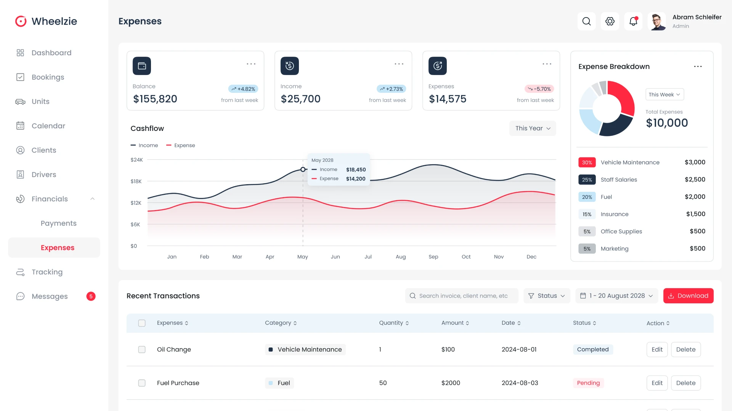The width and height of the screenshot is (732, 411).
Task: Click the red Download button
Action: tap(688, 296)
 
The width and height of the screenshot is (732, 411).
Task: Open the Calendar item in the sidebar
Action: tap(48, 126)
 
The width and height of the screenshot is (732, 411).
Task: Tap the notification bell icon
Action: tap(633, 21)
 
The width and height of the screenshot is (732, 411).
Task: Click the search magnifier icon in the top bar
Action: tap(586, 21)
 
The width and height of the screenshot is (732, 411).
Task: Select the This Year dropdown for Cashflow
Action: tap(532, 128)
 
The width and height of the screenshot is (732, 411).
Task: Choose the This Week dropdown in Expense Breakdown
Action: tap(664, 94)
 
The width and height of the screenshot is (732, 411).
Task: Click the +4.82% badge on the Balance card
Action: tap(243, 89)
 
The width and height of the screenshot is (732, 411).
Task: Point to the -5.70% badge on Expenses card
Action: tap(539, 89)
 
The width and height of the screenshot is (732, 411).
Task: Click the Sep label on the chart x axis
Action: tap(433, 257)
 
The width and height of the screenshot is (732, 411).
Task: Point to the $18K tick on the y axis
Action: tap(136, 182)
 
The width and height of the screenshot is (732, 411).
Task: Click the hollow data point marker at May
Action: tap(303, 169)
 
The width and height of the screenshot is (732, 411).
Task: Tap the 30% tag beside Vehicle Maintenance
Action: tap(587, 162)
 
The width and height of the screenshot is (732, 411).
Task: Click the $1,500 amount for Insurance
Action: tap(695, 214)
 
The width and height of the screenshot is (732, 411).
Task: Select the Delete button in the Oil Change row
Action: tap(685, 349)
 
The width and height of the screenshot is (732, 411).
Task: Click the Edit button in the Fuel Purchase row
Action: tap(657, 383)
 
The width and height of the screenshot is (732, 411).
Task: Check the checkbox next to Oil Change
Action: tap(142, 349)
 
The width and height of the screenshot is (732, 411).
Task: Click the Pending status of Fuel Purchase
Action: tap(588, 383)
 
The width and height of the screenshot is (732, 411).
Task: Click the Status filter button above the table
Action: tap(547, 296)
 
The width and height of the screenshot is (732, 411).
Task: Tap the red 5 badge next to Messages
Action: tap(91, 296)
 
